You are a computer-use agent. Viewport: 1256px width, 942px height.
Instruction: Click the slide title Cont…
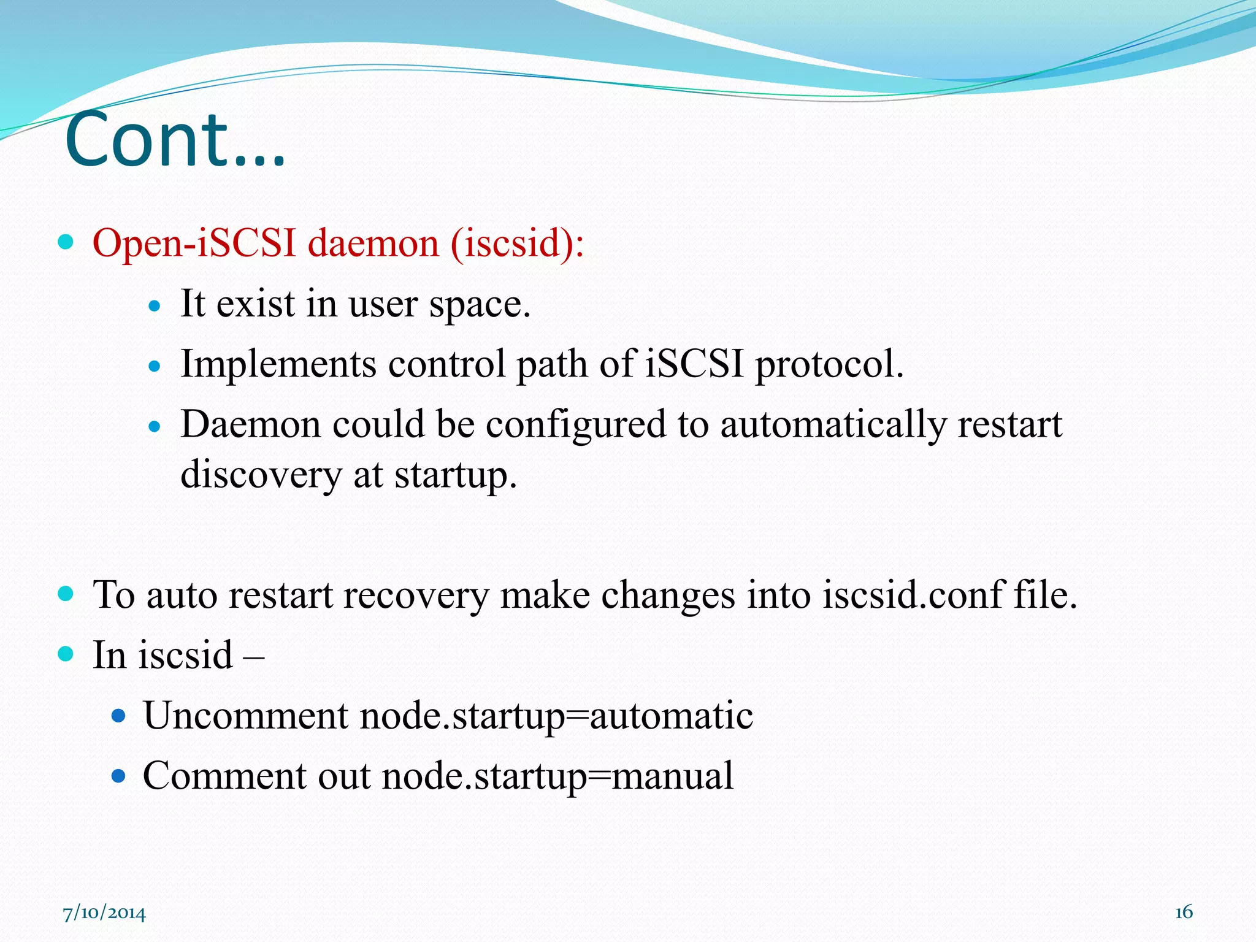(175, 140)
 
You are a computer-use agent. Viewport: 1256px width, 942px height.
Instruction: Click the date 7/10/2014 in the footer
(104, 913)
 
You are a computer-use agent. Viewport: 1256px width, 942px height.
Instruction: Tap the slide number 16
(1183, 912)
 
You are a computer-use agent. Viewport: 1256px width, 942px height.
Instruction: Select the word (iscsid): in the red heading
(517, 243)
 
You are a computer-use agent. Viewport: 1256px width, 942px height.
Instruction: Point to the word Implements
(278, 364)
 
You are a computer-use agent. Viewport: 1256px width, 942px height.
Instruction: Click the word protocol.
(829, 364)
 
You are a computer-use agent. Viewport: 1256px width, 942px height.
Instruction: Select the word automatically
(833, 424)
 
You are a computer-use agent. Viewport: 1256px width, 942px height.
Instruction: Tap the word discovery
(261, 474)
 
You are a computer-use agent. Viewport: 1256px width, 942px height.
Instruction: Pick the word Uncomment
(246, 715)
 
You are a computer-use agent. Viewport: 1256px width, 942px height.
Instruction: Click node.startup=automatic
(556, 715)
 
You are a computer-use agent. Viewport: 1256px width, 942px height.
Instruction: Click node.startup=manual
(557, 775)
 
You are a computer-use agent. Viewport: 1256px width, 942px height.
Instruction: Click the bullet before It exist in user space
(155, 305)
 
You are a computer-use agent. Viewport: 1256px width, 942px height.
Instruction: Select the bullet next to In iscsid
(66, 654)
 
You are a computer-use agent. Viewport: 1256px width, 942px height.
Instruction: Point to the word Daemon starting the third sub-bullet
(251, 424)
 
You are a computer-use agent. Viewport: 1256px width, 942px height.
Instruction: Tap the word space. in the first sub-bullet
(479, 304)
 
